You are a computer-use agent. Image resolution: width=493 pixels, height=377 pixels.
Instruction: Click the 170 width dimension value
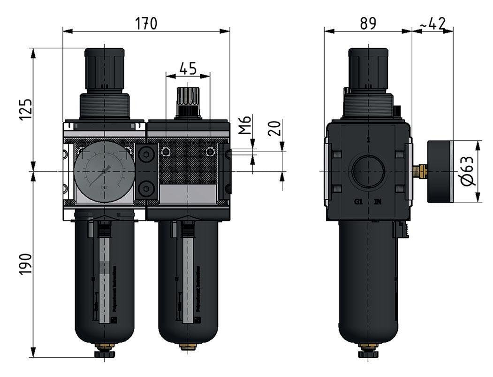point(146,23)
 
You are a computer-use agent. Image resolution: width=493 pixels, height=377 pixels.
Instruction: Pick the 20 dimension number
point(276,127)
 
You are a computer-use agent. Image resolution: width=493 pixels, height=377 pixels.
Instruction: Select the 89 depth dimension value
point(368,23)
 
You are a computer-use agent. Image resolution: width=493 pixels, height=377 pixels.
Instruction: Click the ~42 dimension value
point(432,23)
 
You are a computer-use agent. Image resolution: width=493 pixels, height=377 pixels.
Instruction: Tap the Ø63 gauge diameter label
point(469,172)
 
